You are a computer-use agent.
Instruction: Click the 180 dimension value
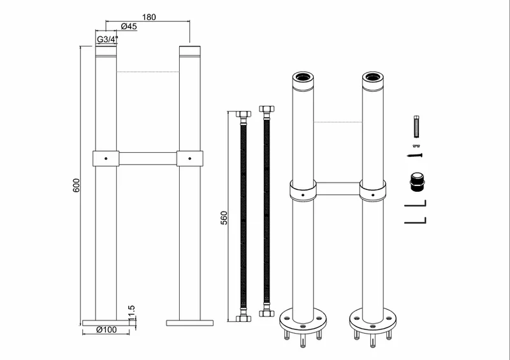click(149, 17)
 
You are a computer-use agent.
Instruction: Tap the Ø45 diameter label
click(129, 26)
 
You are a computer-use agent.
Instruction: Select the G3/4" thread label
click(107, 40)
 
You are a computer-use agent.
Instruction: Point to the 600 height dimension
click(76, 185)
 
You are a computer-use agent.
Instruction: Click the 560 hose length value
click(224, 218)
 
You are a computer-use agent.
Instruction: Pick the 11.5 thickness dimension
click(131, 313)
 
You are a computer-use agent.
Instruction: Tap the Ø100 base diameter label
click(106, 330)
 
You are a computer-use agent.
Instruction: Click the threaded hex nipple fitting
click(416, 182)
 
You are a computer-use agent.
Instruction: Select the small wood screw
click(415, 155)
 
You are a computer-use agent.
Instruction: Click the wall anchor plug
click(416, 126)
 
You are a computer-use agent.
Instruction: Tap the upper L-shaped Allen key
click(416, 204)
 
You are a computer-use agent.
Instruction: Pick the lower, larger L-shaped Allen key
click(416, 220)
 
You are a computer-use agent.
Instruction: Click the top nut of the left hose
click(244, 114)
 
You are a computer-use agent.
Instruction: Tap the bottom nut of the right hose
click(266, 313)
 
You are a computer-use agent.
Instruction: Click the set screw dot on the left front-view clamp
click(106, 159)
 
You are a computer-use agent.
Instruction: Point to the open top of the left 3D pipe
click(303, 77)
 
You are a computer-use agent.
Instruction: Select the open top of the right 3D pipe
click(373, 77)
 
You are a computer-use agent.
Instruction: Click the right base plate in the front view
click(190, 323)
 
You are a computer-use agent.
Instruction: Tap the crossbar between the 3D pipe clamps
click(338, 189)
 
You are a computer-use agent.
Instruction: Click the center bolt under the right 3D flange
click(373, 340)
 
